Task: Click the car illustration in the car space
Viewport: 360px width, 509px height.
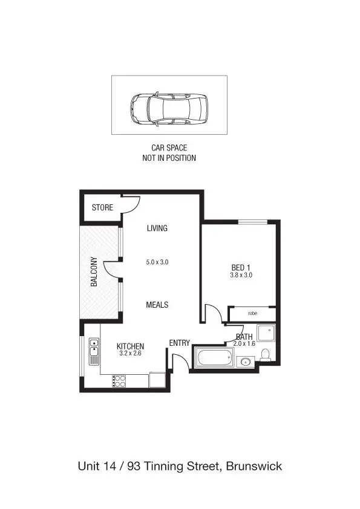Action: point(168,109)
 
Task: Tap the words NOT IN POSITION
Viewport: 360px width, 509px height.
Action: point(169,158)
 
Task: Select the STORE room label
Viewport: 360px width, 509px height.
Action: point(102,208)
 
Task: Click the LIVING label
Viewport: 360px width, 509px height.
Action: point(157,229)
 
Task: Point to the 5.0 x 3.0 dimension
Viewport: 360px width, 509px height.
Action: point(157,262)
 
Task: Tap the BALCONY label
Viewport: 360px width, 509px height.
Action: point(94,272)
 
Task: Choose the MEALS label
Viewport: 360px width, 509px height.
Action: point(157,305)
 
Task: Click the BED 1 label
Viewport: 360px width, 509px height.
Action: point(241,267)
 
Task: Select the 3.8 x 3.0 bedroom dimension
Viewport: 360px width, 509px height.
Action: point(241,275)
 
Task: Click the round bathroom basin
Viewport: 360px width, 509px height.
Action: point(244,363)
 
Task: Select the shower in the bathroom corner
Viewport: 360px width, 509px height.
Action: point(266,333)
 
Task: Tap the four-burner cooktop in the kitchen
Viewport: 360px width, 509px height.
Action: point(119,381)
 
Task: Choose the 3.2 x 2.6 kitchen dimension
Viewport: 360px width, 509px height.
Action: point(130,354)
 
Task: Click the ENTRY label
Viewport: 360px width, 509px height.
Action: point(179,343)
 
